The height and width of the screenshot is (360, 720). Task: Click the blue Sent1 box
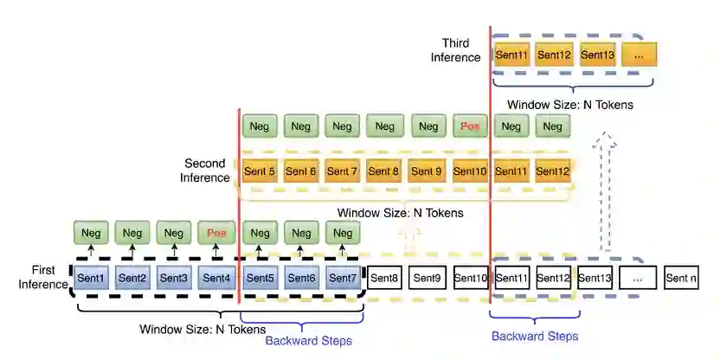point(91,279)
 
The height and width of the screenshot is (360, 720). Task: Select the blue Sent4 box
point(216,279)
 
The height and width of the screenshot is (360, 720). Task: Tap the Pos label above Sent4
point(216,233)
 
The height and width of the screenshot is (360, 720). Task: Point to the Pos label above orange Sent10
point(470,127)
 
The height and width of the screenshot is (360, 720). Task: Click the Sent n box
point(680,279)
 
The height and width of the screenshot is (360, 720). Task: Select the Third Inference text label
point(460,50)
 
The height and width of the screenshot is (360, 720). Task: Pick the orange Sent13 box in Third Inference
point(597,55)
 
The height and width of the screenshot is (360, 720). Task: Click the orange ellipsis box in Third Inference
point(639,55)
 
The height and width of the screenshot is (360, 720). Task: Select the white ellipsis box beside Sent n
point(639,279)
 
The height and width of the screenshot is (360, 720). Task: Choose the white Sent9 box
point(427,279)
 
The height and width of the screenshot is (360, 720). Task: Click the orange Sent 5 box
point(260,171)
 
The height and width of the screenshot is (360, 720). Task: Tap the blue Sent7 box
point(342,279)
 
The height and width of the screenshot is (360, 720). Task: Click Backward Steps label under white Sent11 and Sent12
point(534,336)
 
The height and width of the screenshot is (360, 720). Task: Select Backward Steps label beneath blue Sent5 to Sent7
point(308,340)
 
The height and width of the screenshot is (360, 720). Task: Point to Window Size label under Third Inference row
point(570,105)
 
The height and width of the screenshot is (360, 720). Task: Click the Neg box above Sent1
point(91,233)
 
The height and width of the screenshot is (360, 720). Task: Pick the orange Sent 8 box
point(384,171)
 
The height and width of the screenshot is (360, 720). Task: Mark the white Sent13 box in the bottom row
point(595,279)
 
